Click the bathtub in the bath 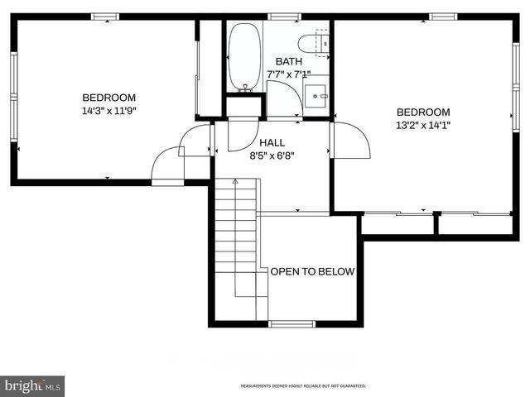(x=244, y=57)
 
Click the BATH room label (x=289, y=61)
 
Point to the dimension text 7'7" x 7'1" (x=289, y=74)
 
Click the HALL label (x=272, y=142)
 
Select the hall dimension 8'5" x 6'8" (x=272, y=155)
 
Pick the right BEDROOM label (x=423, y=112)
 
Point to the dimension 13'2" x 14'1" (x=423, y=126)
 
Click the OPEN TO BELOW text (x=312, y=271)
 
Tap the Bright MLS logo (x=33, y=385)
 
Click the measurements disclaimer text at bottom (x=303, y=386)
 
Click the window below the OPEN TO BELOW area (x=291, y=323)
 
